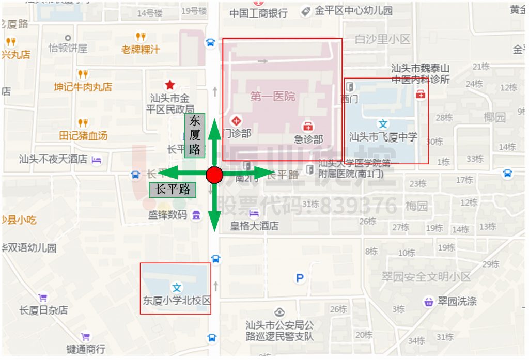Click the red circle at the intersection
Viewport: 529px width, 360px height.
pyautogui.click(x=214, y=175)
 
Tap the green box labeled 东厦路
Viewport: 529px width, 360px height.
pyautogui.click(x=195, y=135)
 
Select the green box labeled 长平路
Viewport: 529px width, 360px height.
pyautogui.click(x=173, y=190)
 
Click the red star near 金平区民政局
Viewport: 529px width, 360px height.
pyautogui.click(x=169, y=84)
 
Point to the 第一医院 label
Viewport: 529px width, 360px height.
pyautogui.click(x=272, y=97)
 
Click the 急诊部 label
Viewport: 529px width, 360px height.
pyautogui.click(x=308, y=139)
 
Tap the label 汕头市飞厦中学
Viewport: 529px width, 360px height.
pyautogui.click(x=383, y=137)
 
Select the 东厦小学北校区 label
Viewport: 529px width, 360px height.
pyautogui.click(x=177, y=300)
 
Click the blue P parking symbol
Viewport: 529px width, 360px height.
pyautogui.click(x=300, y=278)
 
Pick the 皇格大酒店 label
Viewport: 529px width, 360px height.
pyautogui.click(x=254, y=226)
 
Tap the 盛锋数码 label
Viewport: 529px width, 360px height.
pyautogui.click(x=167, y=214)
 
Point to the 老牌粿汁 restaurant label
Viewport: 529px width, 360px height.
pyautogui.click(x=141, y=50)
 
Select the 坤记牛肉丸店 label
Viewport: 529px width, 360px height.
pyautogui.click(x=83, y=87)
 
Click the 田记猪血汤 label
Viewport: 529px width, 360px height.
pyautogui.click(x=83, y=136)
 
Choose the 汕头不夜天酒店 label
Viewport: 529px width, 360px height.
pyautogui.click(x=53, y=159)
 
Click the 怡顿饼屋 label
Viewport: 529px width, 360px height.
pyautogui.click(x=68, y=48)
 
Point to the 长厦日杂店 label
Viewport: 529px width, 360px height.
pyautogui.click(x=43, y=310)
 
